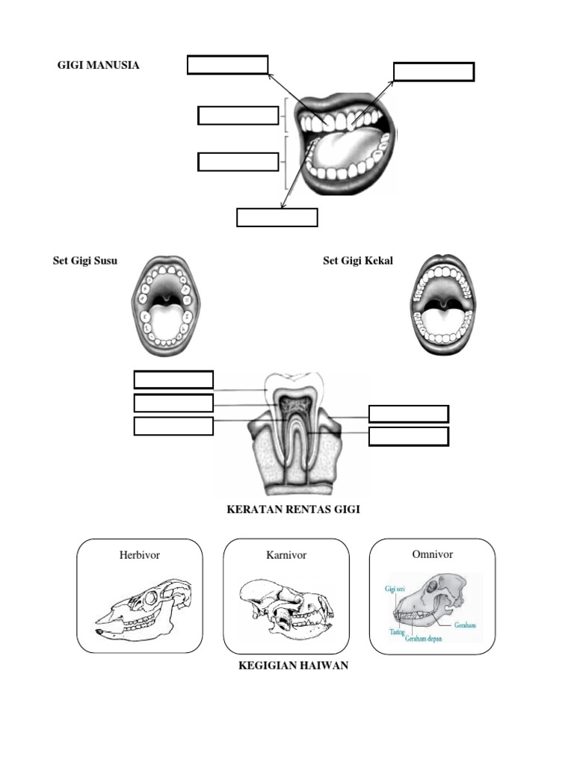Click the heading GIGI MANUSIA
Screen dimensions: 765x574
click(x=98, y=65)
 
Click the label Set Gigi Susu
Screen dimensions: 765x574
click(x=84, y=261)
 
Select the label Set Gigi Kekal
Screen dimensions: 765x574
click(x=357, y=261)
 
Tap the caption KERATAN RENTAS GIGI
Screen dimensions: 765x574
click(x=293, y=510)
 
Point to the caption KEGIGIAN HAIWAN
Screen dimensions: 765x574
click(x=293, y=666)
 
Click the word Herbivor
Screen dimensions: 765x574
click(x=139, y=555)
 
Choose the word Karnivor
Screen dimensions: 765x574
click(x=286, y=555)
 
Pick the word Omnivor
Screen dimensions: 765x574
click(x=433, y=554)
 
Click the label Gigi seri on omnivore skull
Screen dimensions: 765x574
click(x=395, y=589)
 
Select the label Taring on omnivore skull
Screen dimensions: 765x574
click(x=397, y=631)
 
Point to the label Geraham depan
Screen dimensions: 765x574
click(x=425, y=639)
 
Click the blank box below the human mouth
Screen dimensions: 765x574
click(x=277, y=217)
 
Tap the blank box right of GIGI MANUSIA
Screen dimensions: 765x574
click(x=227, y=65)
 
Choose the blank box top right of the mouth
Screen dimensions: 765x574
click(x=433, y=72)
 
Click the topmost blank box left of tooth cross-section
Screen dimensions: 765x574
click(x=173, y=380)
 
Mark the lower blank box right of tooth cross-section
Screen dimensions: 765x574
click(x=409, y=436)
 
